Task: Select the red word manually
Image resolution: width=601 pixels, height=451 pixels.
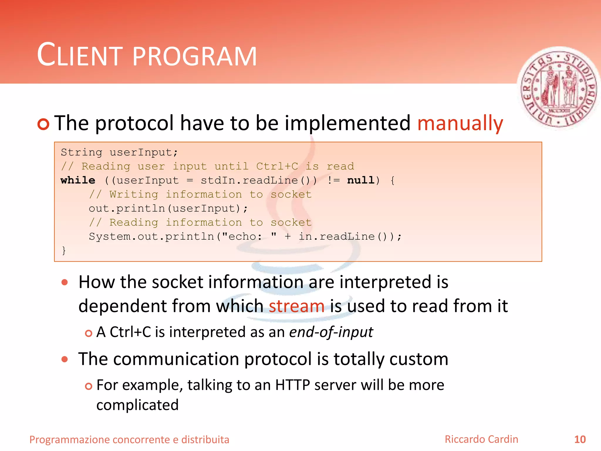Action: coord(460,123)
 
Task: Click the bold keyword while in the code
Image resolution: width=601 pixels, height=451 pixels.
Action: coord(78,180)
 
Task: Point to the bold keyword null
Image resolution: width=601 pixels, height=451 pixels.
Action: coord(360,180)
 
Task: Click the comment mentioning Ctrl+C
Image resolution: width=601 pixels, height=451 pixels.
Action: coord(207,166)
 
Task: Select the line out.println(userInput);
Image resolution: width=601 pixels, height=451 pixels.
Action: coord(168,208)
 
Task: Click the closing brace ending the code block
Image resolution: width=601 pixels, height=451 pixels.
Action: coord(64,250)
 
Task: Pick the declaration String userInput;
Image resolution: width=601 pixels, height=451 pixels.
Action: coord(119,152)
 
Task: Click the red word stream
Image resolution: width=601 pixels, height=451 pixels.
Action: coord(296,306)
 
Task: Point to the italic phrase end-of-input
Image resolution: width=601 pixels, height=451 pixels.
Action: coord(331,332)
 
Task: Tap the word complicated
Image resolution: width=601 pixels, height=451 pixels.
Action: coord(137,405)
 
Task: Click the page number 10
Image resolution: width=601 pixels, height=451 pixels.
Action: coord(580,440)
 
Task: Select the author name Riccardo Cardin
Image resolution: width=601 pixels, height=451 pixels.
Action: coord(481,439)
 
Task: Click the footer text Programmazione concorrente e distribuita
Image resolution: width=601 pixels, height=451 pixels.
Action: coord(129,440)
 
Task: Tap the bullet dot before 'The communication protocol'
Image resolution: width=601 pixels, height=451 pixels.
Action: coord(65,359)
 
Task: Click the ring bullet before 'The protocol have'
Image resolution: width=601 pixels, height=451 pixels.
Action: coord(43,124)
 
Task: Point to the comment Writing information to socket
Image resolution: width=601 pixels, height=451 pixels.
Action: coord(200,194)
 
